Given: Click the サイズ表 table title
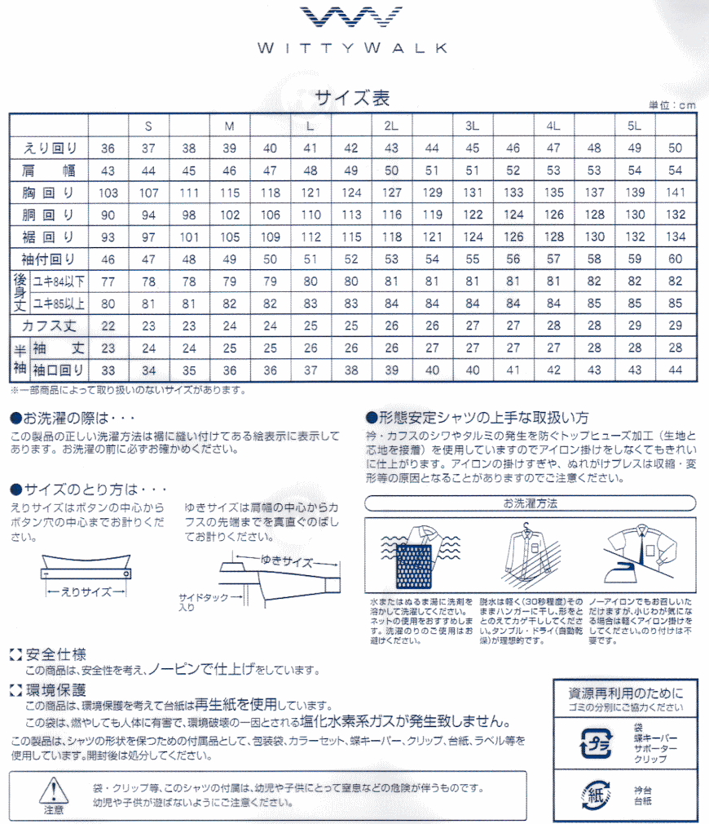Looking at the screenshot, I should tap(353, 99).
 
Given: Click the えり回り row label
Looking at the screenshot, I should tap(50, 148).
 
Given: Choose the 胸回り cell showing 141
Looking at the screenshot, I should tap(675, 193).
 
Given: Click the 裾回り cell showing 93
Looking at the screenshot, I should tap(108, 237).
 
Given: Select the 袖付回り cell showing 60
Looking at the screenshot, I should tap(675, 259).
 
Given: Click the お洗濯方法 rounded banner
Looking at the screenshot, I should tap(530, 503).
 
